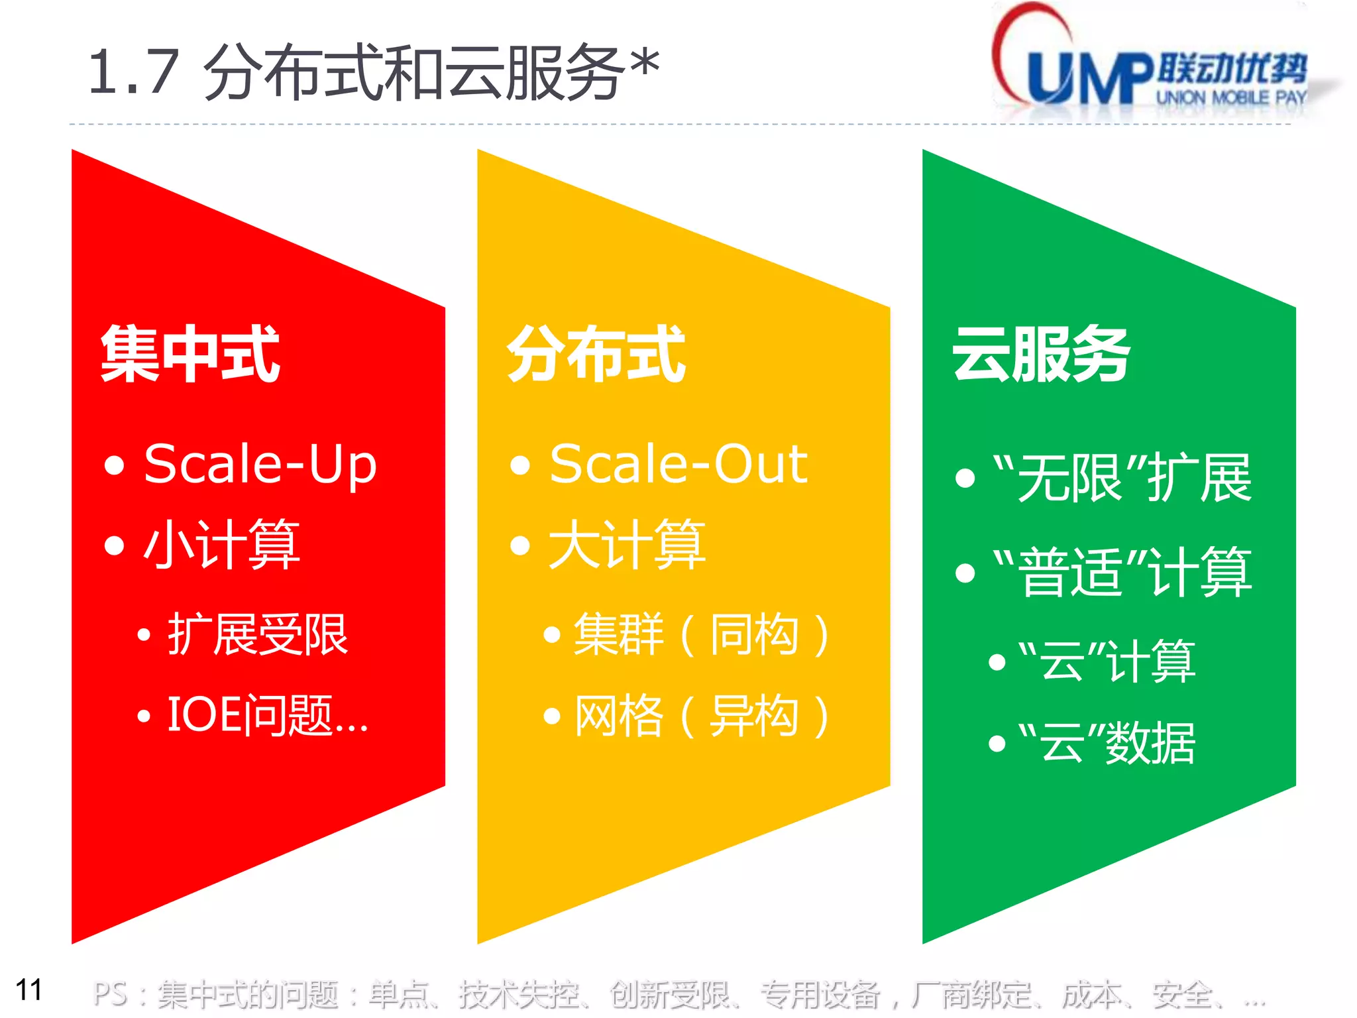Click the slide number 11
28,990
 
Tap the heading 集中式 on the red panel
190,355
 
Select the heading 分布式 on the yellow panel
596,355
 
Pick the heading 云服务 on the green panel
1041,355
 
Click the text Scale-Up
260,465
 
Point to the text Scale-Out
678,465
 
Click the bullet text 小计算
222,545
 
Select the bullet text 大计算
627,545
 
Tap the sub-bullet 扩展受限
257,635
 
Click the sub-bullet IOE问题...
266,716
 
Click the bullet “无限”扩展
1122,478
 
